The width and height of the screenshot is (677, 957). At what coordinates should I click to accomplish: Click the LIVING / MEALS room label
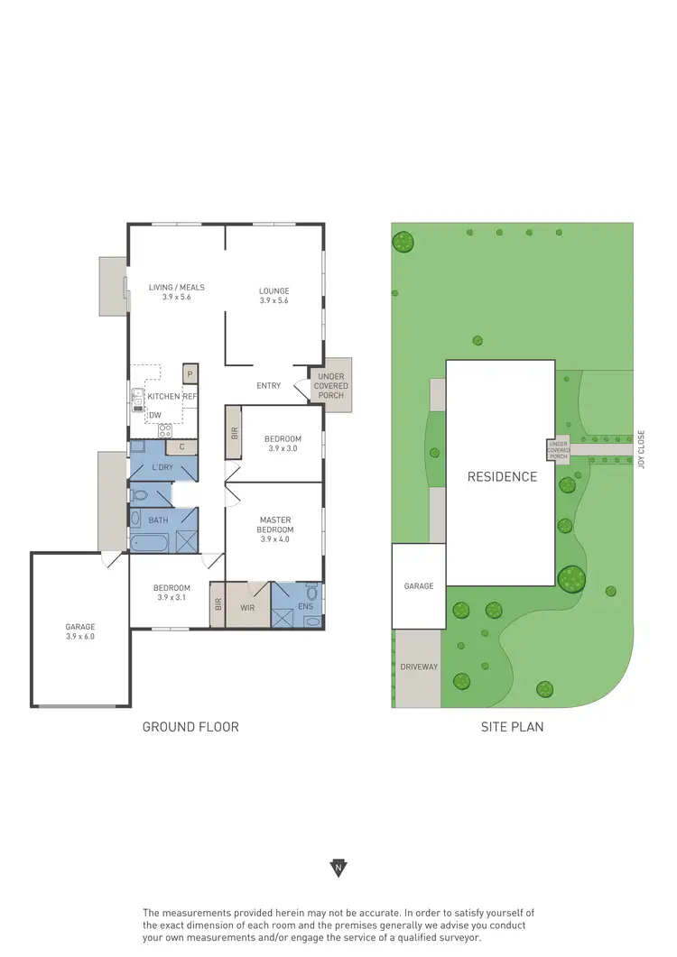[177, 288]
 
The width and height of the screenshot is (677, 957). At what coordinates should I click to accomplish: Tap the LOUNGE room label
[274, 291]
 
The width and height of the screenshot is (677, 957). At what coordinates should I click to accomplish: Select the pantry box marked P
[190, 373]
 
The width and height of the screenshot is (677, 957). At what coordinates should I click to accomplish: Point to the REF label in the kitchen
[190, 397]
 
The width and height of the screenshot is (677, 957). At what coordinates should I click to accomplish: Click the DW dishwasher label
[155, 415]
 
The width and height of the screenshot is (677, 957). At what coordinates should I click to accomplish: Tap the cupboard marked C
[182, 446]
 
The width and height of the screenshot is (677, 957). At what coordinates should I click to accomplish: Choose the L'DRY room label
[162, 466]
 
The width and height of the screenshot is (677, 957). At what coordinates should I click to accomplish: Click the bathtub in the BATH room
[150, 543]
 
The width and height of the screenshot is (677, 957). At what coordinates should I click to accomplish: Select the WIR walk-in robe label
[248, 608]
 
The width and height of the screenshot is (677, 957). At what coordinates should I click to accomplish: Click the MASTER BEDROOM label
[274, 525]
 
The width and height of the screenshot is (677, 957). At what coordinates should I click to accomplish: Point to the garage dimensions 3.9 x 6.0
[79, 637]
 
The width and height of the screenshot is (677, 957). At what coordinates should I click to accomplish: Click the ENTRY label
[269, 386]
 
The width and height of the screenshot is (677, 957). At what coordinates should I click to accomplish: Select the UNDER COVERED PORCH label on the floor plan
[331, 386]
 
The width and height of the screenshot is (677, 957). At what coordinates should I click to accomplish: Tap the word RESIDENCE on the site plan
[502, 477]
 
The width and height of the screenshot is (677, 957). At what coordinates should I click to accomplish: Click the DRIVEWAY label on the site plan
[419, 667]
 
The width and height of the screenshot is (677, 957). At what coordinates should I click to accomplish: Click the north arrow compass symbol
[338, 869]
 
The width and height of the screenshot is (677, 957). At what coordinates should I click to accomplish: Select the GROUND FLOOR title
[190, 727]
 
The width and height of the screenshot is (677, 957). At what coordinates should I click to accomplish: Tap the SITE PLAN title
[513, 727]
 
